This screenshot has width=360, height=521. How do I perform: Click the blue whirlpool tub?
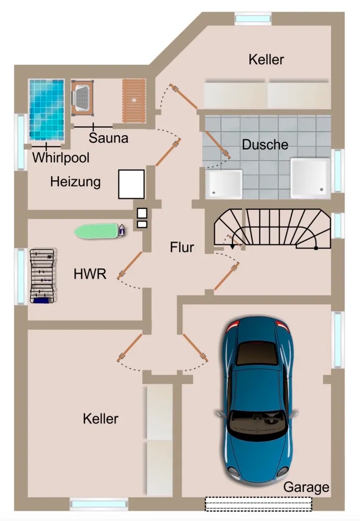pos(46,109)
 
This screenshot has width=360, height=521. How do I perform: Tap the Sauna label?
pos(108,138)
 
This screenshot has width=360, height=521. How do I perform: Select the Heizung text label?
pos(76,182)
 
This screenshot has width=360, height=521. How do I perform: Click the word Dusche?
pos(265,144)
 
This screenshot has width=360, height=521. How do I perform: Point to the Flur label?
pos(182,247)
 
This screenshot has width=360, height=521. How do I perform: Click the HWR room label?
pos(90,274)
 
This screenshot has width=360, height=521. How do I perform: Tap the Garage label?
pos(306,487)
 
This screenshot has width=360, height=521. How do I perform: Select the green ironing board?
pos(96,231)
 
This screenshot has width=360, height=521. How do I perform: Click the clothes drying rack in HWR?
pos(42,276)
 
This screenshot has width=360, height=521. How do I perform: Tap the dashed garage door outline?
pos(258,504)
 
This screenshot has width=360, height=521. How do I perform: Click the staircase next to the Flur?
pos(272,229)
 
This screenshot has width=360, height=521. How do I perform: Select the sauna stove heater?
pos(82,98)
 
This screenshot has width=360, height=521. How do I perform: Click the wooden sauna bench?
pos(134,101)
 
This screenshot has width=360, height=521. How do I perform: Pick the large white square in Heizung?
pos(132,184)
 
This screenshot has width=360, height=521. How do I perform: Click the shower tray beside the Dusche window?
pos(310,178)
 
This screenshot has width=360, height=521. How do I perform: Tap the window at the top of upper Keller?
pos(253,18)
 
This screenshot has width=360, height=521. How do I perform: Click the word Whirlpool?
pos(61,157)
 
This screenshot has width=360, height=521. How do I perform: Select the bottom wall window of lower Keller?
pos(99,504)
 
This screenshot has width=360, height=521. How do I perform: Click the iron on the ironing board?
pos(122,230)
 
